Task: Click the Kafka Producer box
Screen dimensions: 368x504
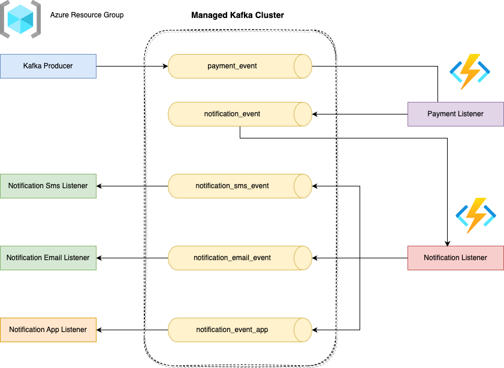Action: (48, 66)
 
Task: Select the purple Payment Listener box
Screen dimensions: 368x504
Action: (455, 114)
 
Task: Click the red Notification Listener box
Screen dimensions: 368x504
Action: (455, 258)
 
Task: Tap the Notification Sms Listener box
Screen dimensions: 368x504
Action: (48, 186)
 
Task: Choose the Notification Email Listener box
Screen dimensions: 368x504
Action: (48, 258)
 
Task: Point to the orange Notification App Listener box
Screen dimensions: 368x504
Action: (48, 330)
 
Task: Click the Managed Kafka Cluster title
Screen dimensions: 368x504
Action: (237, 15)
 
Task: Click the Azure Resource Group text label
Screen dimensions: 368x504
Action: (87, 14)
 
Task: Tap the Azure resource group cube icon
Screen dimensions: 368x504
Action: (20, 20)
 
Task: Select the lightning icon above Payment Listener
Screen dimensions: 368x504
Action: (470, 71)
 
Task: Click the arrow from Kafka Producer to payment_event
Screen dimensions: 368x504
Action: (132, 66)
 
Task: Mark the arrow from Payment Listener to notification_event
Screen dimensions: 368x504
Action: (360, 114)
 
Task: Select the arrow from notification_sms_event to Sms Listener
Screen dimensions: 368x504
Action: (132, 186)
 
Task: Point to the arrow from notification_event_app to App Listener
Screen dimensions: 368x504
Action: (132, 330)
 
